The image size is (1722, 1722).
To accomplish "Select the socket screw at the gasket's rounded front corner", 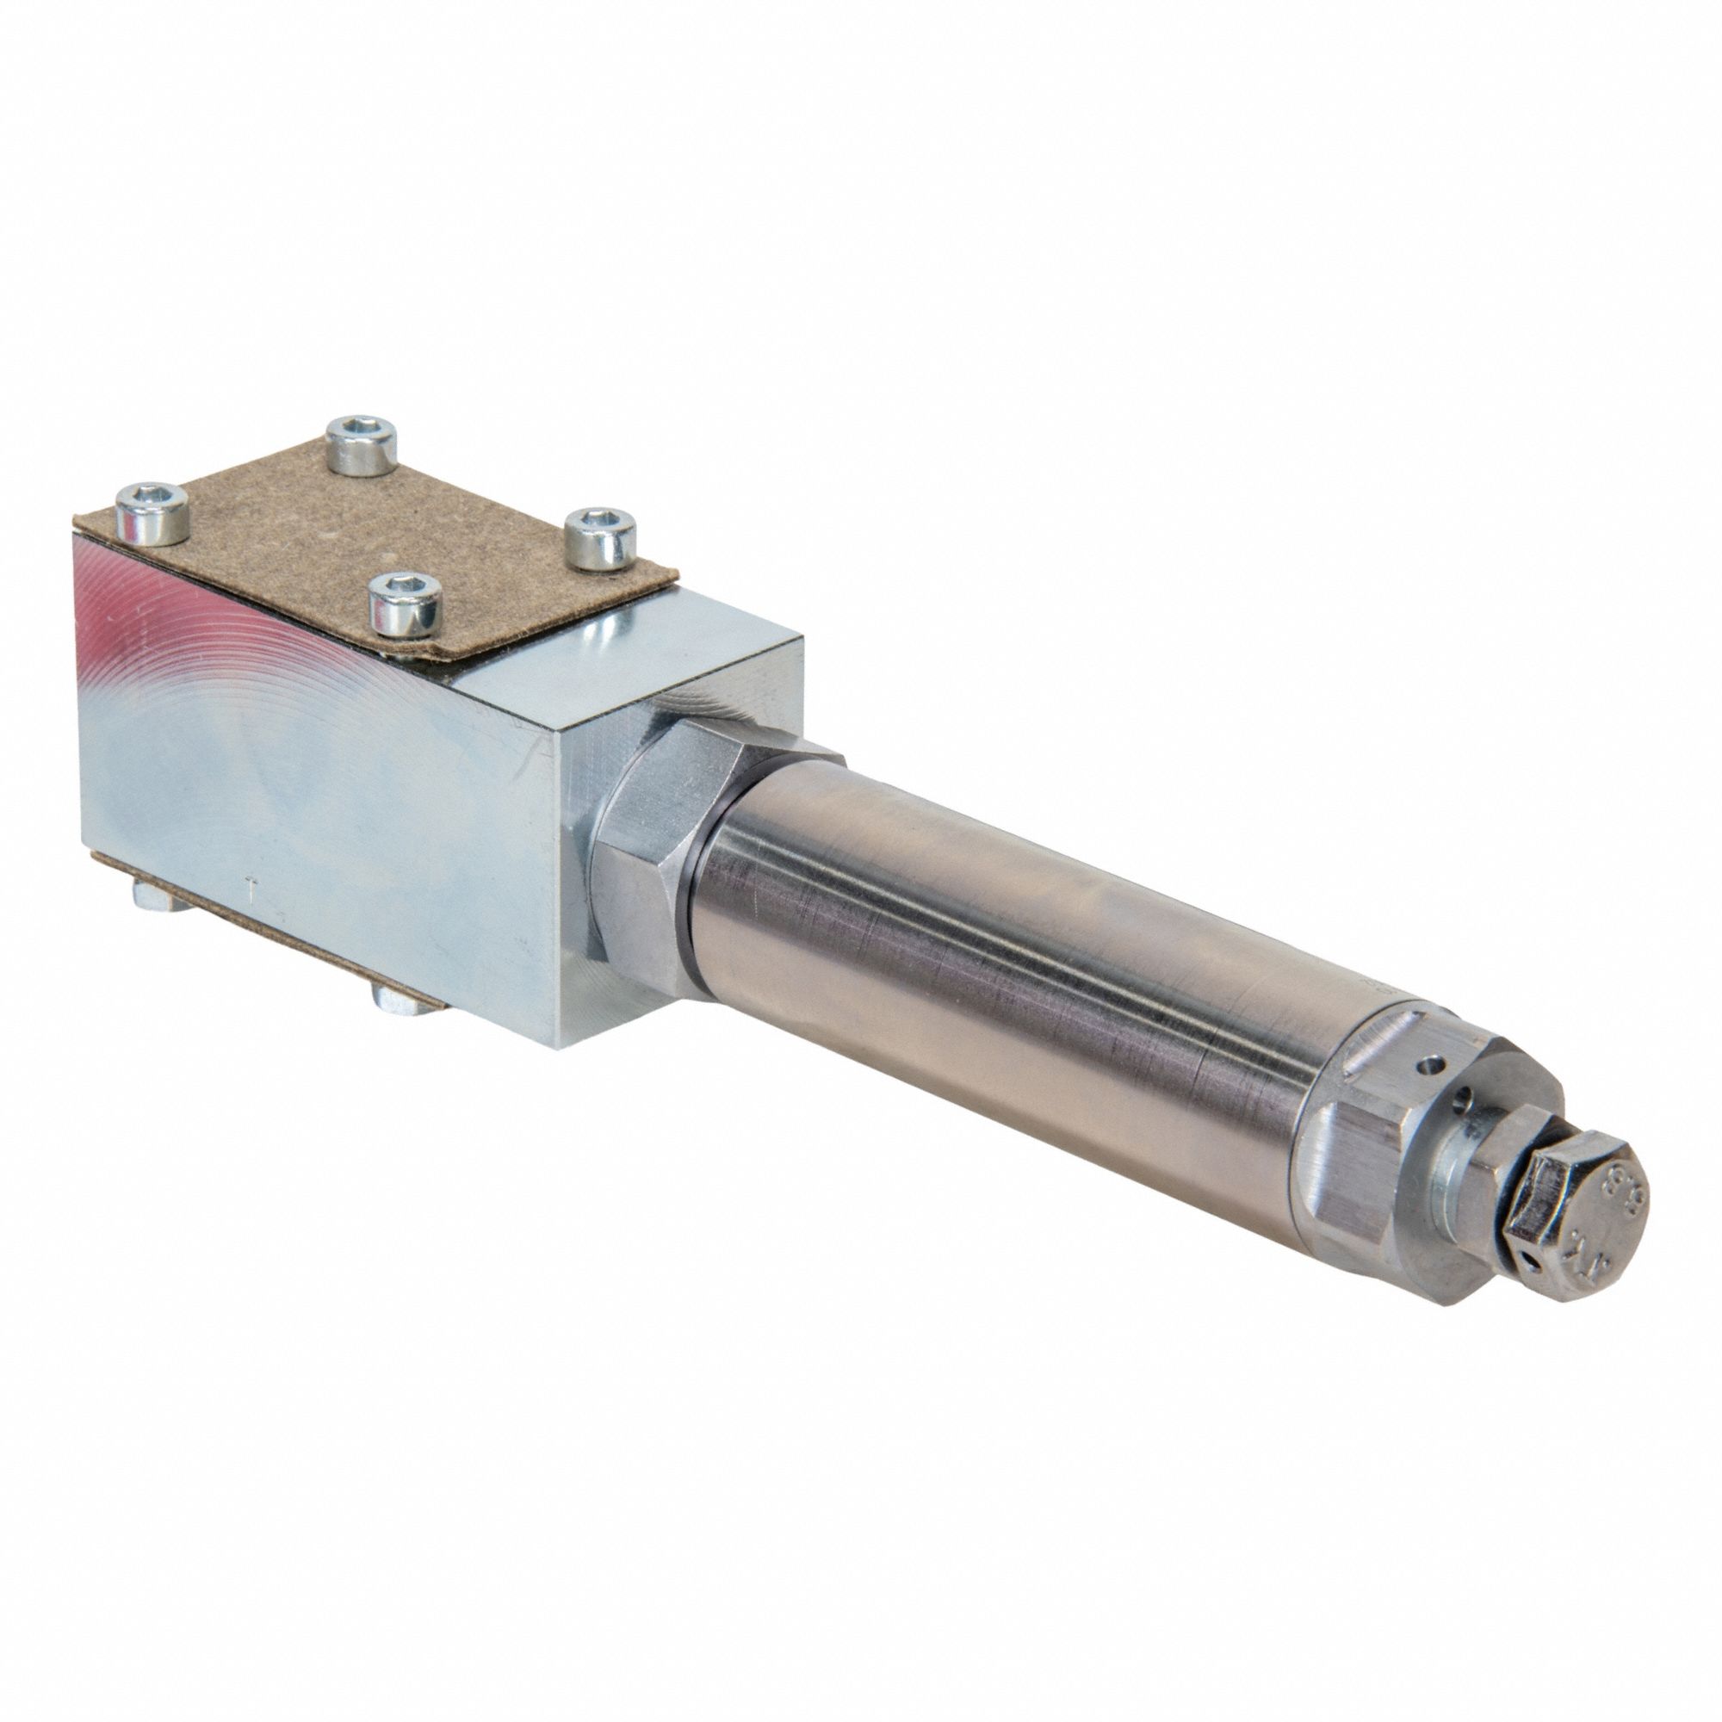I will tap(406, 603).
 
